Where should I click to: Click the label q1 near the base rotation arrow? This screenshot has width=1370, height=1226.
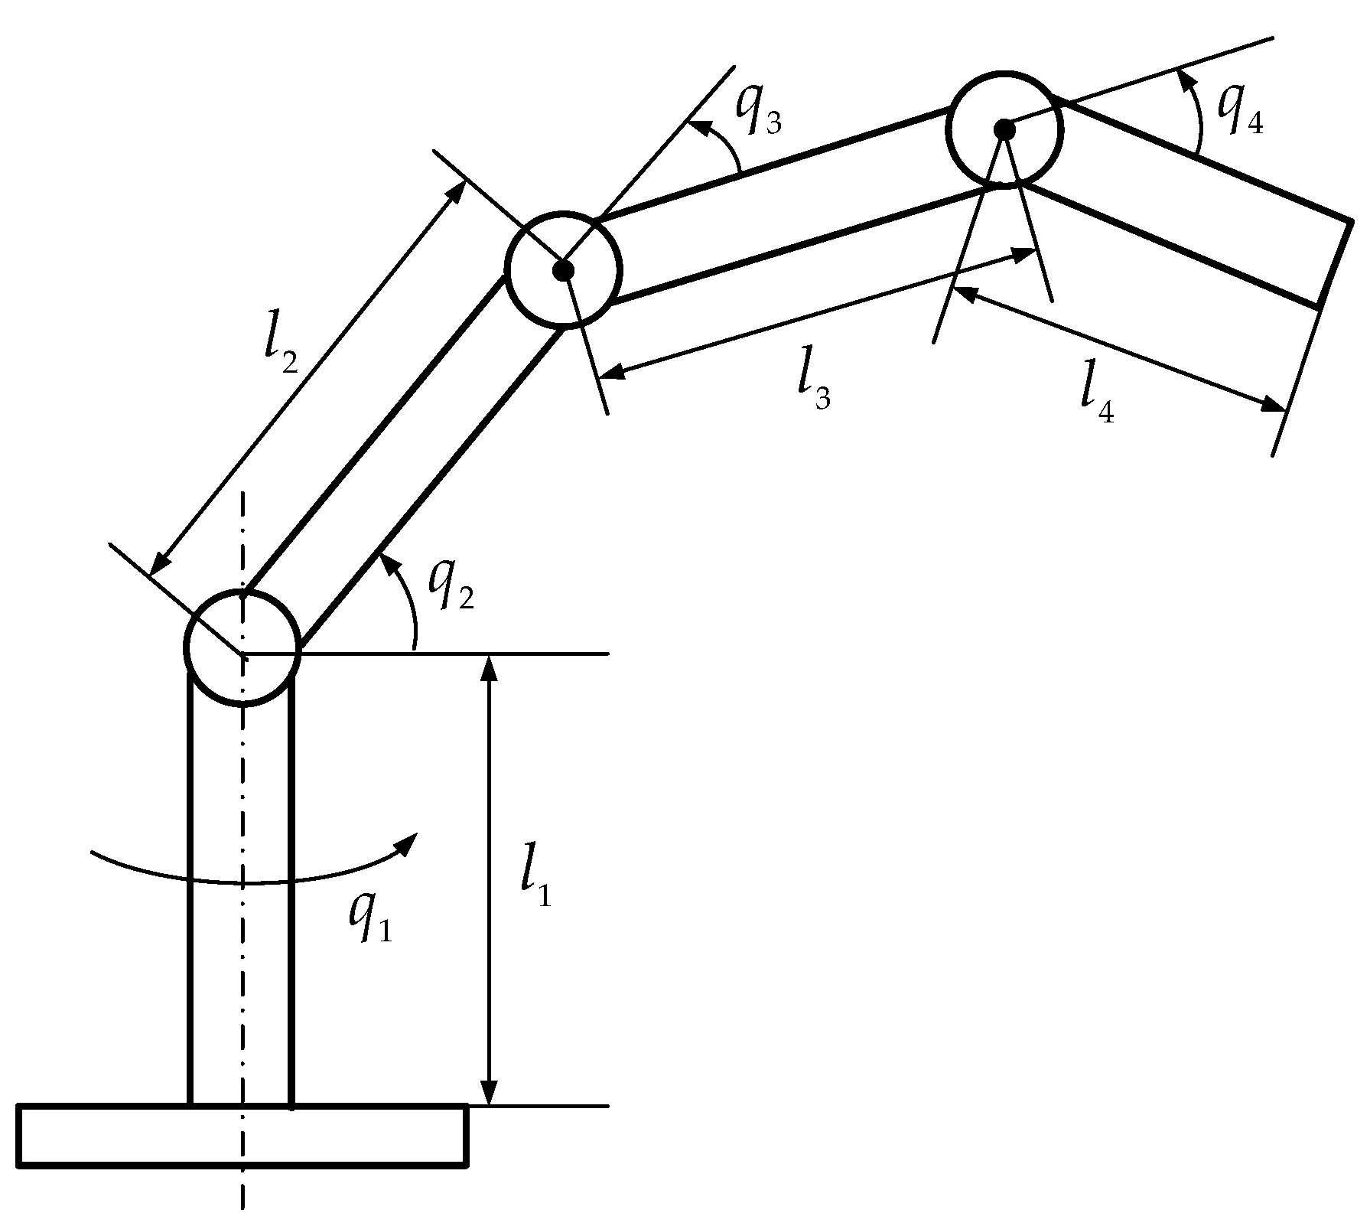370,918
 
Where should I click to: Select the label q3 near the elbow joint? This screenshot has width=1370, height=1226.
758,111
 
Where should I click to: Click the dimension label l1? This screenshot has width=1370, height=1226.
535,883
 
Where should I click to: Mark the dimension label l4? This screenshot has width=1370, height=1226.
1096,397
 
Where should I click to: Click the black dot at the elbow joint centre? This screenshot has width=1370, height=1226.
564,269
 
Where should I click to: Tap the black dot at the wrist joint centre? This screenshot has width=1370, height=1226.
1004,129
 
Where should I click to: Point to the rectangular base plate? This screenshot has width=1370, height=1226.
242,1136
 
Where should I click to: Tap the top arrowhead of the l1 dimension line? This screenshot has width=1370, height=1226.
490,667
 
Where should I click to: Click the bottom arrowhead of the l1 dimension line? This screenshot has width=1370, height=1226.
490,1093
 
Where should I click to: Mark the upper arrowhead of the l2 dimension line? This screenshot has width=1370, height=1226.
457,191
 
